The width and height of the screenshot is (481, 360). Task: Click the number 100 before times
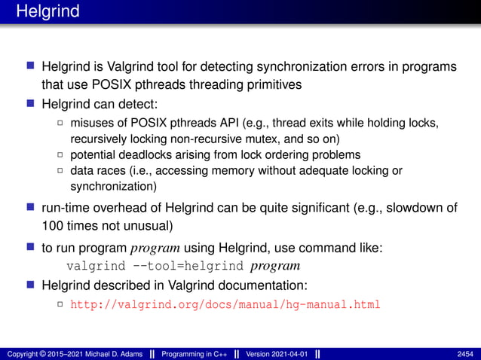(54, 225)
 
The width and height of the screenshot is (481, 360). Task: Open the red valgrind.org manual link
(225, 305)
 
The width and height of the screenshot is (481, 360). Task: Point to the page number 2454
(466, 353)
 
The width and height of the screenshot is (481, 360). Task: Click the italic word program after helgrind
(275, 266)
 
